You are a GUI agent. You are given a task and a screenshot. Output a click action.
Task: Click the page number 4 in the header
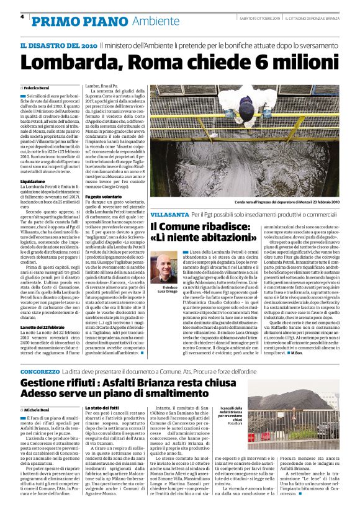point(22,16)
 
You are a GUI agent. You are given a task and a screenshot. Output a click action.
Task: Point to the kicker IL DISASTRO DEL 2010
point(58,46)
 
